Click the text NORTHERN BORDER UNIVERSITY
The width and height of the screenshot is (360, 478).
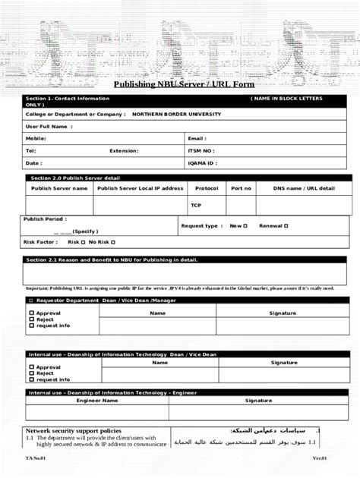[176, 114]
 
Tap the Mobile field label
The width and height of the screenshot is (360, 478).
[36, 139]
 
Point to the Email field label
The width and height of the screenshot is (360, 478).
[197, 139]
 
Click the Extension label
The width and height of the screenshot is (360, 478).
[124, 151]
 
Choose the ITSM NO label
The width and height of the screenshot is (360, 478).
[201, 151]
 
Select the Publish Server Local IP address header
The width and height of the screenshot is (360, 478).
[141, 188]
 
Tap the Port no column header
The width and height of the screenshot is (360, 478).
[241, 188]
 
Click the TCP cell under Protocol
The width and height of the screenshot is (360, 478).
[196, 205]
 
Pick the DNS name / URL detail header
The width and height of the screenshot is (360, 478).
[304, 188]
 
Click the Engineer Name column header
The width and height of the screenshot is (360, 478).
[97, 400]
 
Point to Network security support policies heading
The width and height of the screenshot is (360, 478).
[74, 430]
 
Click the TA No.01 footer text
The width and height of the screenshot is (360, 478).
[35, 459]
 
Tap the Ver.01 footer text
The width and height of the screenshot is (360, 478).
[318, 459]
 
